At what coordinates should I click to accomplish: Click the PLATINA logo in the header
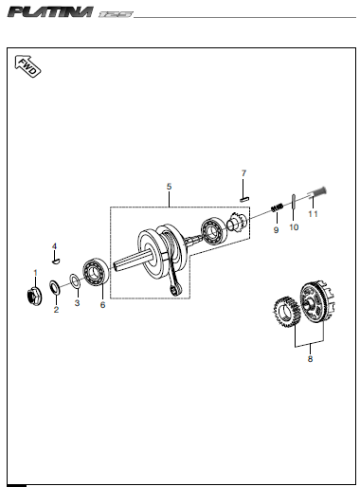(x=50, y=12)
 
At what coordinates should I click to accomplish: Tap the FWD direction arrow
(x=27, y=66)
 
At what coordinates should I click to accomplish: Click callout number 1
(x=35, y=273)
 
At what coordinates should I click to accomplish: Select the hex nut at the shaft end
(x=33, y=297)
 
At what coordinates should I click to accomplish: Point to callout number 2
(x=56, y=310)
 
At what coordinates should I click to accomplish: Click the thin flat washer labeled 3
(x=75, y=280)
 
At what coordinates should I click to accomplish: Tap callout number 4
(x=54, y=246)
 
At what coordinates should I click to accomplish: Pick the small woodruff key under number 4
(x=56, y=262)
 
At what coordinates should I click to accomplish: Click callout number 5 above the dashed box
(x=169, y=187)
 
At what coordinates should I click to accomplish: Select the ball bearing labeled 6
(x=96, y=272)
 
